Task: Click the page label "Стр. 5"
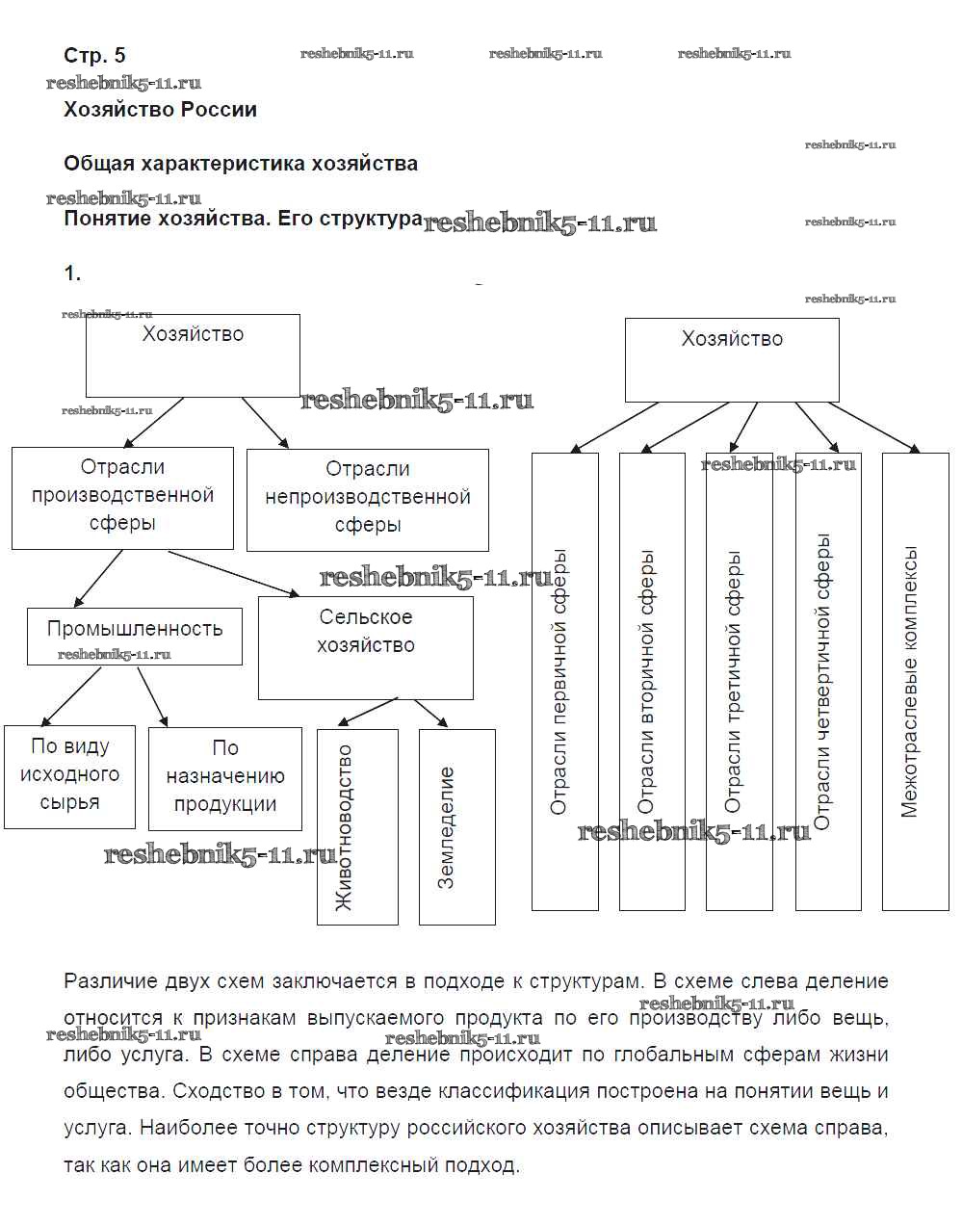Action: (94, 55)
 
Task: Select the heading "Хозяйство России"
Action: (160, 110)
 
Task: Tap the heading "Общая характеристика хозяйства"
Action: (241, 164)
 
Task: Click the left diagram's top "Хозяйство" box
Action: (193, 354)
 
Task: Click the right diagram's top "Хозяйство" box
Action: (732, 359)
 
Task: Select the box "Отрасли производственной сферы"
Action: (122, 497)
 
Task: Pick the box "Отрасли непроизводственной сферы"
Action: (367, 499)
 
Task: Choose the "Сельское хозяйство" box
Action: (365, 646)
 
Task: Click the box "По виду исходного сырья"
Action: (69, 776)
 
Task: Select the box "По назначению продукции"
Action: (224, 778)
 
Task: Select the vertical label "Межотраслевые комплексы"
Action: (910, 682)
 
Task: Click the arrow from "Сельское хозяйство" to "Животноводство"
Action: (367, 713)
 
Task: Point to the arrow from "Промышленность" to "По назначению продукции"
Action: (153, 697)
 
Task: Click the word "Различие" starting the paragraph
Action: (101, 981)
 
